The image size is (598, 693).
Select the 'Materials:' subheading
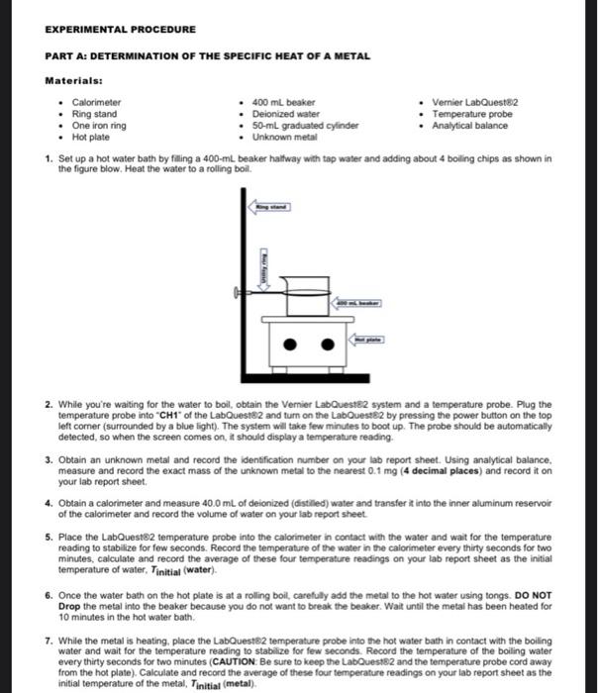click(74, 81)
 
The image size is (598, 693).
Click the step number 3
click(50, 461)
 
